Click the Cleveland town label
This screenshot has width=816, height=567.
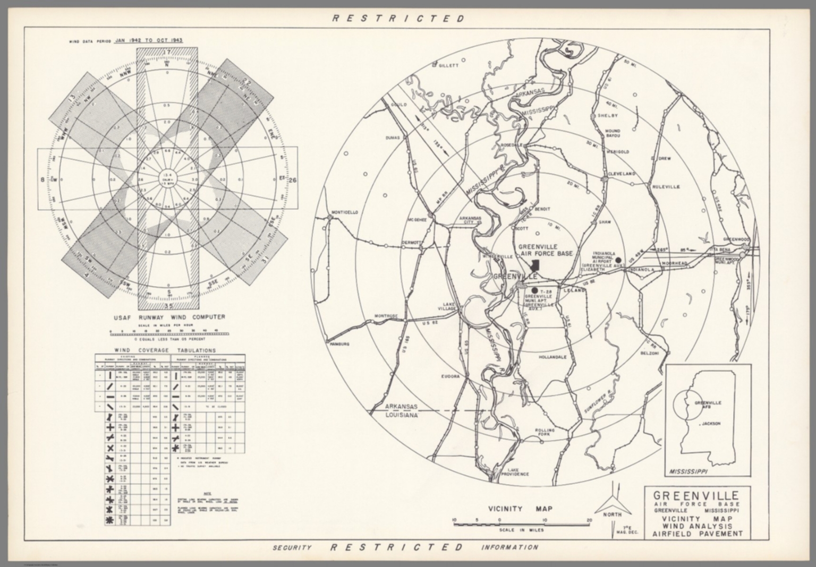[622, 174]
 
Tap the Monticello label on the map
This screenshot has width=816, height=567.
[344, 212]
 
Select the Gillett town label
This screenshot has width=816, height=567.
[447, 66]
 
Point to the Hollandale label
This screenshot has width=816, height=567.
[553, 357]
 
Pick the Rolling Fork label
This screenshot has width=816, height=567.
[545, 432]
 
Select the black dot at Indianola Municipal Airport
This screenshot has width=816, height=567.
[618, 260]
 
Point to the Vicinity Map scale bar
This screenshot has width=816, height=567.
[521, 524]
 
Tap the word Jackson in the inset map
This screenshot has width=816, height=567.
[710, 424]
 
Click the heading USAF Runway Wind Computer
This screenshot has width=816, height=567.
[168, 317]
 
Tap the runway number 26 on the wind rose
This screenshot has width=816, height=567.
[293, 180]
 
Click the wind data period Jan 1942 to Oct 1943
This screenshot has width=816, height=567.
[149, 40]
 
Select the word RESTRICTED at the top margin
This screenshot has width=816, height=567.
[398, 19]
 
